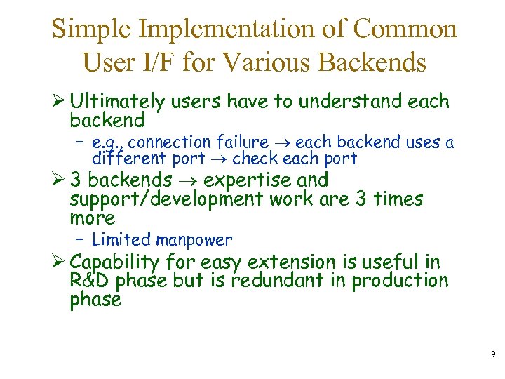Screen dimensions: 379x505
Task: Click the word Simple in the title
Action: tap(95, 29)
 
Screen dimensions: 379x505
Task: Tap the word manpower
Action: tap(194, 241)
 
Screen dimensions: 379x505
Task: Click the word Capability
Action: tap(116, 263)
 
